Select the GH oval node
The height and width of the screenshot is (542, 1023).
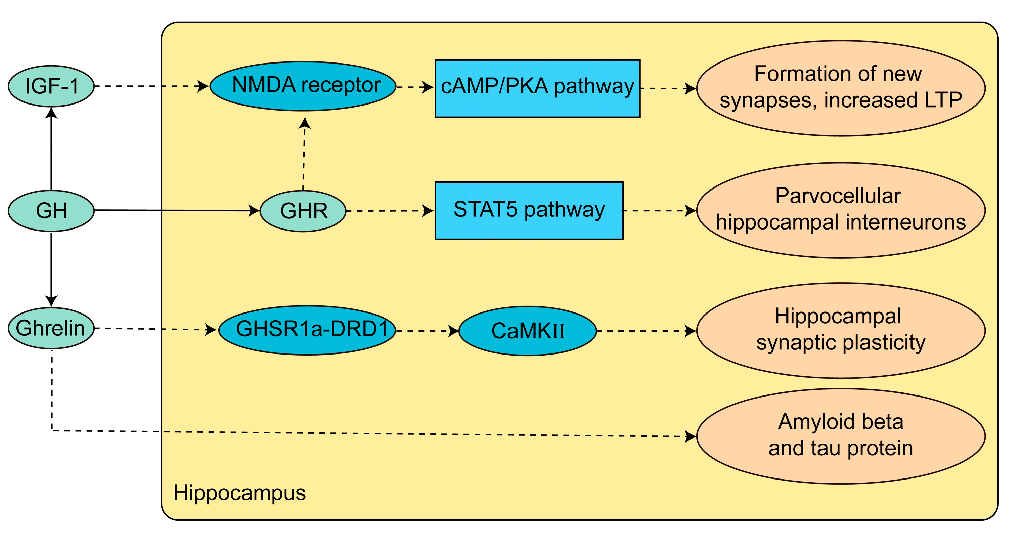(x=51, y=211)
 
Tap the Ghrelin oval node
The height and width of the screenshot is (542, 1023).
(x=51, y=328)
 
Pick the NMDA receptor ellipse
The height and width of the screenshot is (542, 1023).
(x=303, y=86)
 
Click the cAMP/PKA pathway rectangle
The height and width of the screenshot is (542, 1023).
(x=538, y=89)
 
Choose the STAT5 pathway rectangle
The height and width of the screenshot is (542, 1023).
(x=529, y=211)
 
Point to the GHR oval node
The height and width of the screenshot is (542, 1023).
(x=303, y=211)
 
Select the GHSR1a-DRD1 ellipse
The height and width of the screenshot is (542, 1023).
(x=307, y=330)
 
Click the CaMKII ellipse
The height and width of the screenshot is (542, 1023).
(x=528, y=331)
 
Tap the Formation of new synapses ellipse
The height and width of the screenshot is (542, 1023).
(x=841, y=88)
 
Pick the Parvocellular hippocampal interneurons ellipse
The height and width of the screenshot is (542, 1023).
(x=841, y=210)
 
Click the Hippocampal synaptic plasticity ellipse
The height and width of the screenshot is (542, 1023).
(x=841, y=331)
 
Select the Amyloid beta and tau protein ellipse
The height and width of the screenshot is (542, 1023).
(x=841, y=436)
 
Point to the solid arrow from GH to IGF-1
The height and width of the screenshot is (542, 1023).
(x=51, y=149)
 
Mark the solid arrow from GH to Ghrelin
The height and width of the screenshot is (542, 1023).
(x=51, y=270)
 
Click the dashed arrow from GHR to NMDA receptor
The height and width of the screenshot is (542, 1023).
(x=304, y=154)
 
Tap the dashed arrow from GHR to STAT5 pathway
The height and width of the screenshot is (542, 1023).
(x=390, y=211)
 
